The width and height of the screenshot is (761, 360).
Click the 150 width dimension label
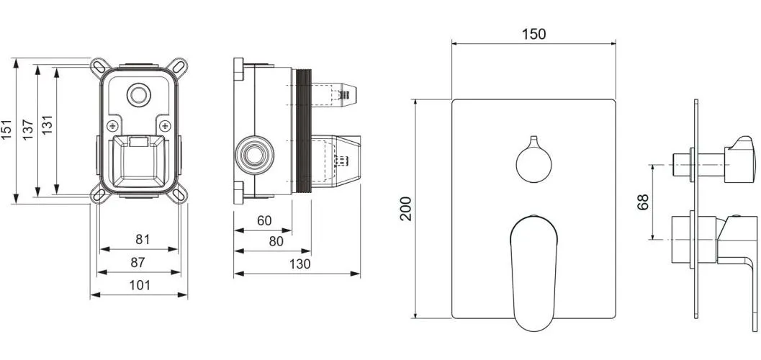[x=534, y=34]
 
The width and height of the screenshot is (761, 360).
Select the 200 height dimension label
[x=405, y=209]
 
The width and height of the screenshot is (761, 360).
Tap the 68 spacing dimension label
[x=643, y=202]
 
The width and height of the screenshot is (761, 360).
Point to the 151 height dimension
[x=6, y=130]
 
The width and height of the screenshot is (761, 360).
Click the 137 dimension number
[x=27, y=130]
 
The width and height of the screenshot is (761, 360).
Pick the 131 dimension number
[x=47, y=125]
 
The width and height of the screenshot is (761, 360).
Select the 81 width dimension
[x=143, y=239]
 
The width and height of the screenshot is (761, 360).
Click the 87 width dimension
[x=138, y=263]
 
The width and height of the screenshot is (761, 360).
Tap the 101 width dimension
[x=140, y=285]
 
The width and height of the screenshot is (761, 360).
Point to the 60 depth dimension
[x=264, y=221]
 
